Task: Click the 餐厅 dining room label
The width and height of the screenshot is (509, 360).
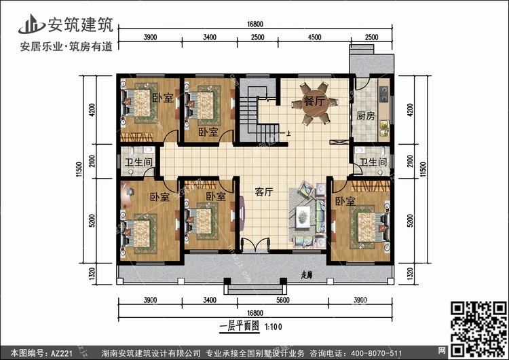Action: tap(314, 101)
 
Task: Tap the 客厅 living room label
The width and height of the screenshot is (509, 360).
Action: tap(263, 192)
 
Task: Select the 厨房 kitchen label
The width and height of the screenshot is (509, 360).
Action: tap(366, 115)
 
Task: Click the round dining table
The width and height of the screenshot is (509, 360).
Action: tap(314, 104)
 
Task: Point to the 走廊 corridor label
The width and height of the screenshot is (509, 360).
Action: tap(307, 275)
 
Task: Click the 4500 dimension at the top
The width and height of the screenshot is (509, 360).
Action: tap(314, 37)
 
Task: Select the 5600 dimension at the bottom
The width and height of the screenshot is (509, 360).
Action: tap(283, 300)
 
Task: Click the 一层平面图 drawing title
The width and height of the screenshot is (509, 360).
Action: tap(240, 326)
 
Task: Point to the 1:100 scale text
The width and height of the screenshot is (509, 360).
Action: tap(274, 327)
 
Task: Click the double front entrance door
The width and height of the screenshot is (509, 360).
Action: tap(255, 245)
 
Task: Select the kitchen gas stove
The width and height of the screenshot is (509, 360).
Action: tap(383, 94)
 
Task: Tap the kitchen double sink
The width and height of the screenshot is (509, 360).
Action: tap(384, 128)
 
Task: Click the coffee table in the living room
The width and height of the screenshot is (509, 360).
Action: tap(303, 216)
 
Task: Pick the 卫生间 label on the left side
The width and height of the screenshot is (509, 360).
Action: tap(138, 162)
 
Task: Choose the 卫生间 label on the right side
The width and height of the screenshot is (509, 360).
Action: tap(373, 162)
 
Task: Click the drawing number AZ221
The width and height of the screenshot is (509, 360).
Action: tap(62, 353)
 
